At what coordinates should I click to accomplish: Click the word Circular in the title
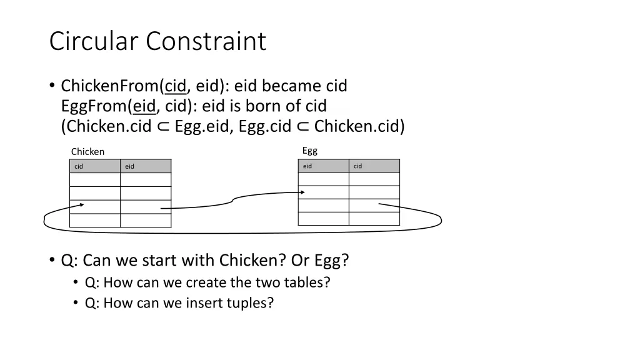(x=95, y=41)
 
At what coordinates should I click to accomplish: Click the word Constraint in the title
(x=206, y=41)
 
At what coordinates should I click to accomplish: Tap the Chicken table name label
(x=87, y=152)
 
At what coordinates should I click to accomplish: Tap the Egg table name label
(x=310, y=151)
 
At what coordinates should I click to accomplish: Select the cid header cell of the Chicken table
(x=94, y=166)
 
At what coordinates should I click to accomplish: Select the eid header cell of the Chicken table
(x=145, y=166)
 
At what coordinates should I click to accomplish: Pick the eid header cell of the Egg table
(x=323, y=166)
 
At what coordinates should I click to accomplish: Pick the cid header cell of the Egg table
(x=374, y=166)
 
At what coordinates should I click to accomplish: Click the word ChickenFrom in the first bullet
(x=109, y=86)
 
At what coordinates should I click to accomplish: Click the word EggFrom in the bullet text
(x=94, y=106)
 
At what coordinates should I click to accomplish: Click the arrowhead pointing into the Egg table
(x=302, y=192)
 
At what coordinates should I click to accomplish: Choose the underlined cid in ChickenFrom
(x=176, y=86)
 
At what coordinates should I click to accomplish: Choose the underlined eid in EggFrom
(x=144, y=106)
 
